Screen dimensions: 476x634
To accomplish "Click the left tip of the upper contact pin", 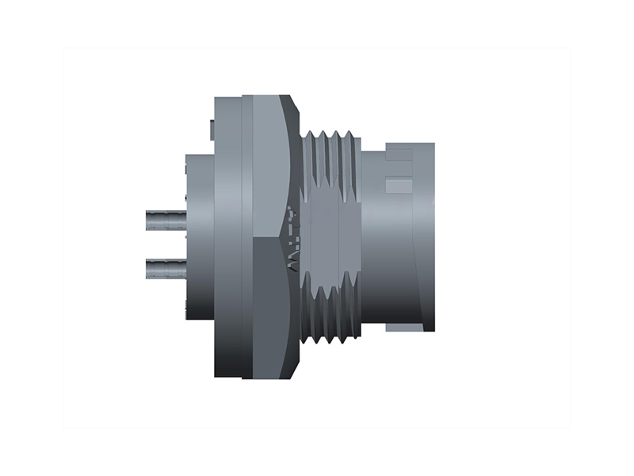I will (148, 220).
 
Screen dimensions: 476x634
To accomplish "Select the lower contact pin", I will (166, 270).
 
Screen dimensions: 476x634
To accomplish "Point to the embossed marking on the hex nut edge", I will (292, 238).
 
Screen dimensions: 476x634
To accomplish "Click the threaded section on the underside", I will (333, 321).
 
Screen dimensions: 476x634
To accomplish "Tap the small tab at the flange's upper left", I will (210, 129).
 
